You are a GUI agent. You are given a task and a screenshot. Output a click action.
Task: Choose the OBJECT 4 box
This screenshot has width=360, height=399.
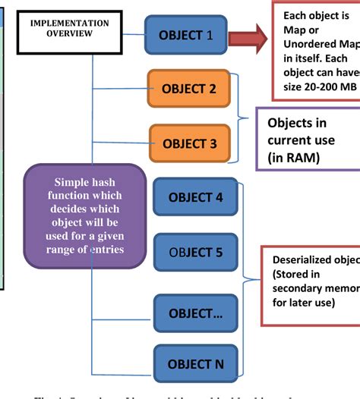pos(195,197)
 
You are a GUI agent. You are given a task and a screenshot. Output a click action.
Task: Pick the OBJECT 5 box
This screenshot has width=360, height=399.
pos(195,252)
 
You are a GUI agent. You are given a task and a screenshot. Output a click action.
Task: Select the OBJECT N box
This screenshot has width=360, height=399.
pos(195,364)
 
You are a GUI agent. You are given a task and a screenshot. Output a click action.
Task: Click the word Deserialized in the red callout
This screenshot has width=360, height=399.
pos(301,260)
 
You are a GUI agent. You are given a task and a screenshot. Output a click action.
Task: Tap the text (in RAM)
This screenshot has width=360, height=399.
pos(294,157)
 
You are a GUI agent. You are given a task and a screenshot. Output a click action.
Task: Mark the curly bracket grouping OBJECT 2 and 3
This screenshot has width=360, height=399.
pos(242,117)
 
